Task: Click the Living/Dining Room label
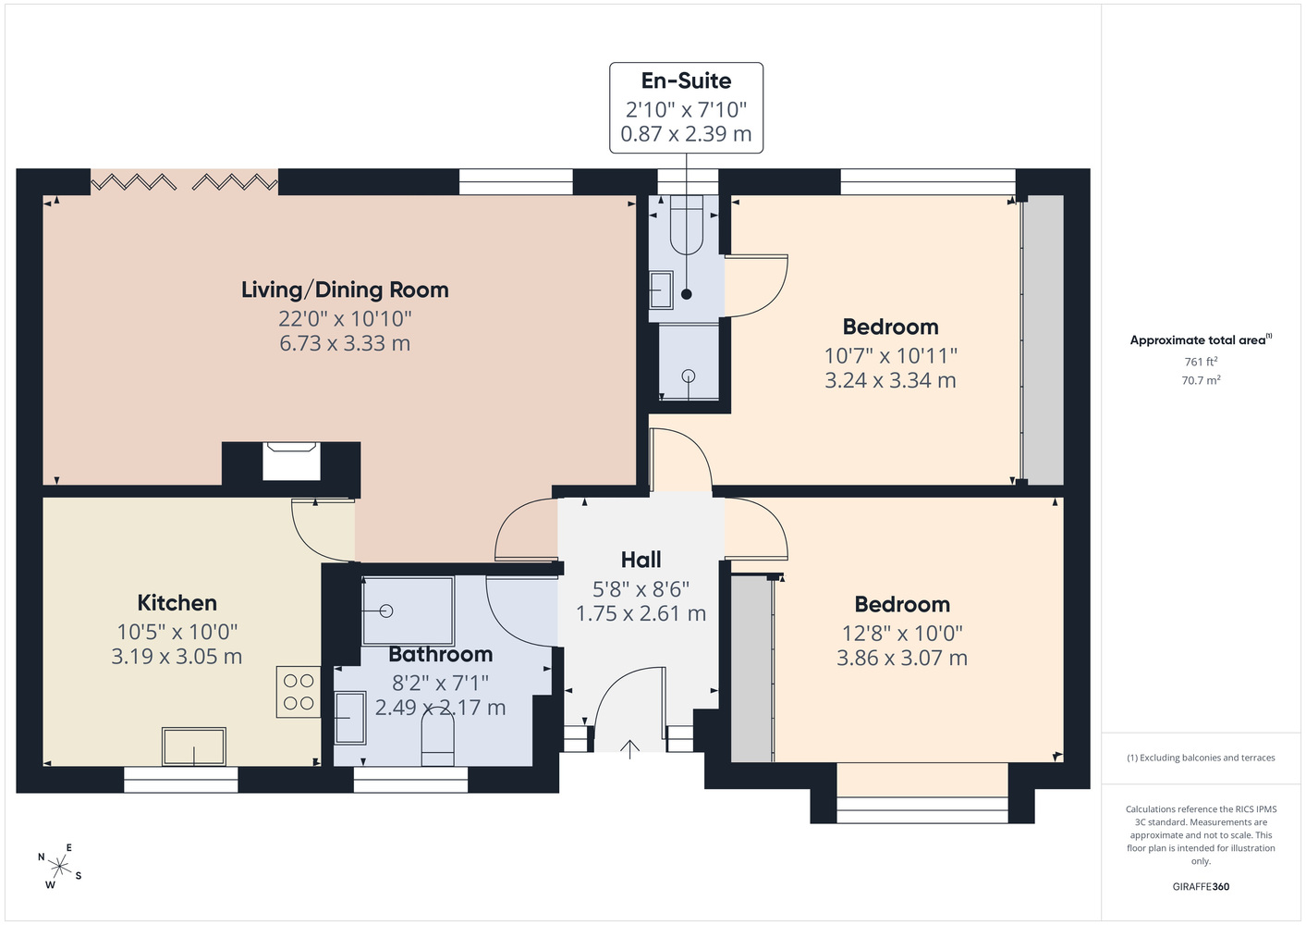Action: click(x=345, y=290)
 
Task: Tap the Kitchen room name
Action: click(x=177, y=603)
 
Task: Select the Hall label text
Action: click(x=641, y=560)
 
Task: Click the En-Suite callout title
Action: click(x=686, y=80)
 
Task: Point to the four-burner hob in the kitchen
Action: click(x=299, y=692)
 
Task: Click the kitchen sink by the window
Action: click(x=193, y=746)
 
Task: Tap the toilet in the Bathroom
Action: click(x=438, y=740)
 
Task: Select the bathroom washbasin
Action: click(x=349, y=718)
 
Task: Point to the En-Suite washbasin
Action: click(x=661, y=290)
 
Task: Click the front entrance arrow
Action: click(x=629, y=749)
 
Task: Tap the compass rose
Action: click(x=59, y=867)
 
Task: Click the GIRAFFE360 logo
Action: click(x=1201, y=886)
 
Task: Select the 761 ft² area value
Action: click(x=1201, y=362)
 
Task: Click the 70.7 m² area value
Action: click(x=1201, y=380)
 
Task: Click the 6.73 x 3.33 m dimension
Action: click(x=345, y=343)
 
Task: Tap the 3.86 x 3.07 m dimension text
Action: click(x=902, y=659)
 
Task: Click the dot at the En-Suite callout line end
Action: click(x=686, y=294)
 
